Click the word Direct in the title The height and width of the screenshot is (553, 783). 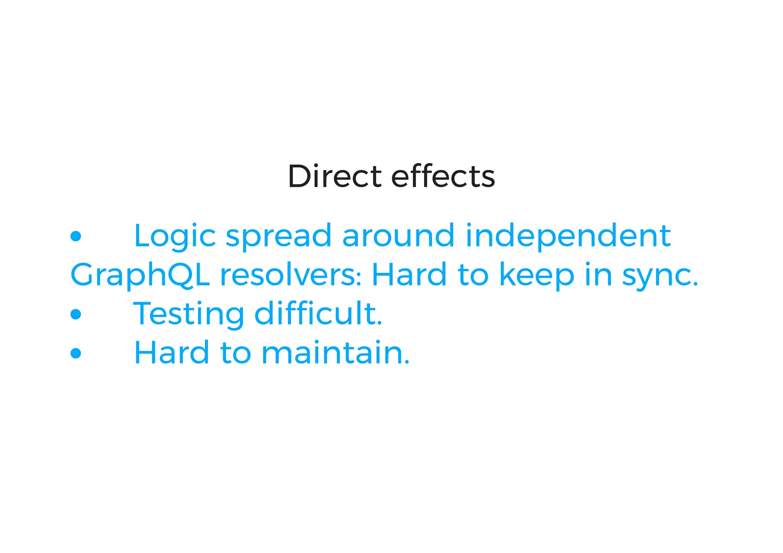(x=335, y=176)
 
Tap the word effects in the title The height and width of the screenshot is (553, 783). (x=443, y=176)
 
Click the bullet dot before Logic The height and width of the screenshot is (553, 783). (x=76, y=236)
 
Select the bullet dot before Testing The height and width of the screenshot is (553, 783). (x=76, y=314)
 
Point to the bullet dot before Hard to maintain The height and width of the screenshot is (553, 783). (x=76, y=353)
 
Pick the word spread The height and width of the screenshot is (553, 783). (x=279, y=237)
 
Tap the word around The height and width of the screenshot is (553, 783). (x=398, y=236)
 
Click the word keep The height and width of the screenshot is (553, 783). (x=537, y=276)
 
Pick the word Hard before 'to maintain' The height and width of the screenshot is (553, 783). (x=172, y=353)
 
